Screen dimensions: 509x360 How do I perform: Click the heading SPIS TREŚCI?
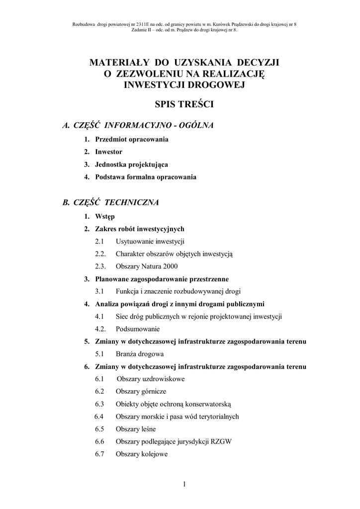[184, 105]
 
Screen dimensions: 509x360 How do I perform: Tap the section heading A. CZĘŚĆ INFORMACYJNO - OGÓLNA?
[138, 125]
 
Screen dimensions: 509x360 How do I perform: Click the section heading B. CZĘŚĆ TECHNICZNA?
[110, 202]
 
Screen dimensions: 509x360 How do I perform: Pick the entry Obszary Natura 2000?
[147, 266]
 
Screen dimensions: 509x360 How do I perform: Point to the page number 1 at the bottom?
[184, 485]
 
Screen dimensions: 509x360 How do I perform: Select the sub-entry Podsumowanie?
[138, 329]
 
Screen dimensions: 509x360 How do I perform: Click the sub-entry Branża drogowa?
[140, 354]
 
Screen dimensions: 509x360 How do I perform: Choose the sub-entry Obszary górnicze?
[141, 391]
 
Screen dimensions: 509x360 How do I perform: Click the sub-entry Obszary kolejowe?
[142, 454]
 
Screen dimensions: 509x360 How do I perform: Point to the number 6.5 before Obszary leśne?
[99, 429]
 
